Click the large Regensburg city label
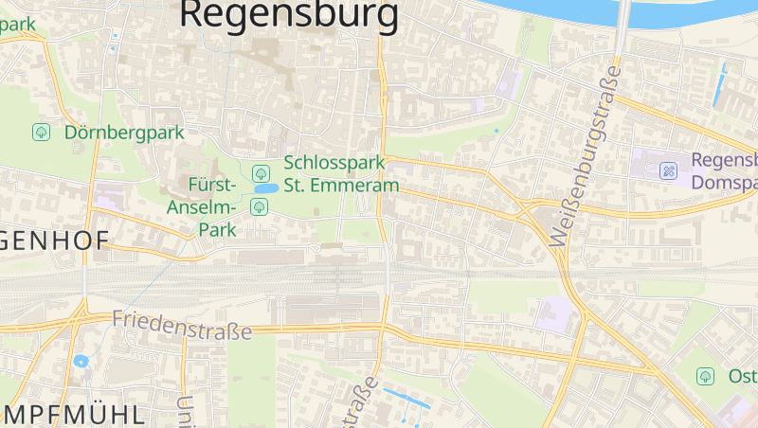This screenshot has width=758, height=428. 289,14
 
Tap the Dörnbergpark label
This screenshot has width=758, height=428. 124,133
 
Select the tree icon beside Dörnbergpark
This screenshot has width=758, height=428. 41,133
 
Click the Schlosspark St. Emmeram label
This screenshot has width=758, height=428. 341,174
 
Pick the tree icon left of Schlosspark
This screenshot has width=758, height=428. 261,172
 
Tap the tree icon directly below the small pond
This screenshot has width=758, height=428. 260,206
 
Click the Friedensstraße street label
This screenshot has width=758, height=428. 182,325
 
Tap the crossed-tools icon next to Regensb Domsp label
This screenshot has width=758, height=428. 669,171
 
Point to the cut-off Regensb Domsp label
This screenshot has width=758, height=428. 724,171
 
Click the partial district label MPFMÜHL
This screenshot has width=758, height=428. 74,414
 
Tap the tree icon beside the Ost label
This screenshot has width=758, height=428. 705,376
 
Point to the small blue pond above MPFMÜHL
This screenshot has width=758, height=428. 81,361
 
